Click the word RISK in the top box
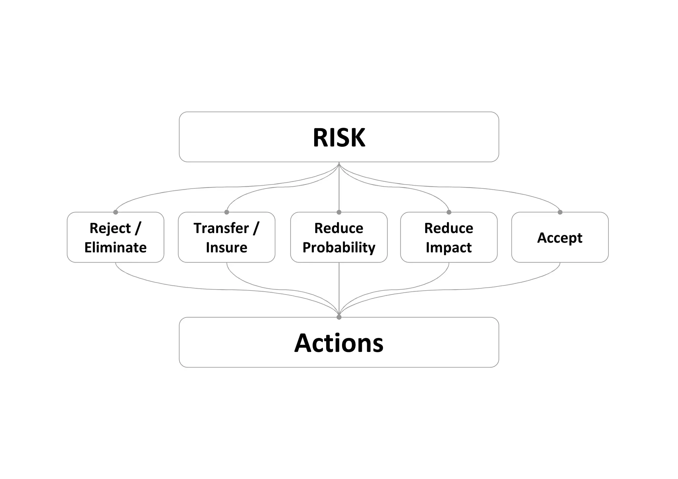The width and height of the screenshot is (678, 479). (x=339, y=138)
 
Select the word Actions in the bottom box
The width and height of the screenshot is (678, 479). (x=339, y=343)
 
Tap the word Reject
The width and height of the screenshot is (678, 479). (x=110, y=228)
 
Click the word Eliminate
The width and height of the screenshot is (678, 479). (x=116, y=248)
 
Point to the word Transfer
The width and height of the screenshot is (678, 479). (x=221, y=228)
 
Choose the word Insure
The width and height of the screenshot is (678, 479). (x=226, y=248)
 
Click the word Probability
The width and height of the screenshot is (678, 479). (x=339, y=248)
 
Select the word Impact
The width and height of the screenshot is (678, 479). (x=449, y=248)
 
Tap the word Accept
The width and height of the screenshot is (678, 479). (x=559, y=238)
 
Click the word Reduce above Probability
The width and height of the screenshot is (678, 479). (x=339, y=228)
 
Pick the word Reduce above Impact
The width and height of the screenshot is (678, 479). (x=449, y=228)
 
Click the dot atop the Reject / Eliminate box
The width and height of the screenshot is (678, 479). (x=116, y=212)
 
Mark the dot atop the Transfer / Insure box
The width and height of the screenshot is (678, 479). (x=227, y=212)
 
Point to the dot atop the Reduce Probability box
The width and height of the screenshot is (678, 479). (x=339, y=212)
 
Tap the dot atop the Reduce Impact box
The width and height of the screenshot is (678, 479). (x=449, y=212)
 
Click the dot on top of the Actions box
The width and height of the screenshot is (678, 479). (x=339, y=317)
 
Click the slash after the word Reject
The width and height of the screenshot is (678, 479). (x=138, y=228)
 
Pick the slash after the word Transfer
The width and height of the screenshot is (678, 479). (x=256, y=228)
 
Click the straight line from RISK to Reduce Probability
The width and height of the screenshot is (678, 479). (x=339, y=189)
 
